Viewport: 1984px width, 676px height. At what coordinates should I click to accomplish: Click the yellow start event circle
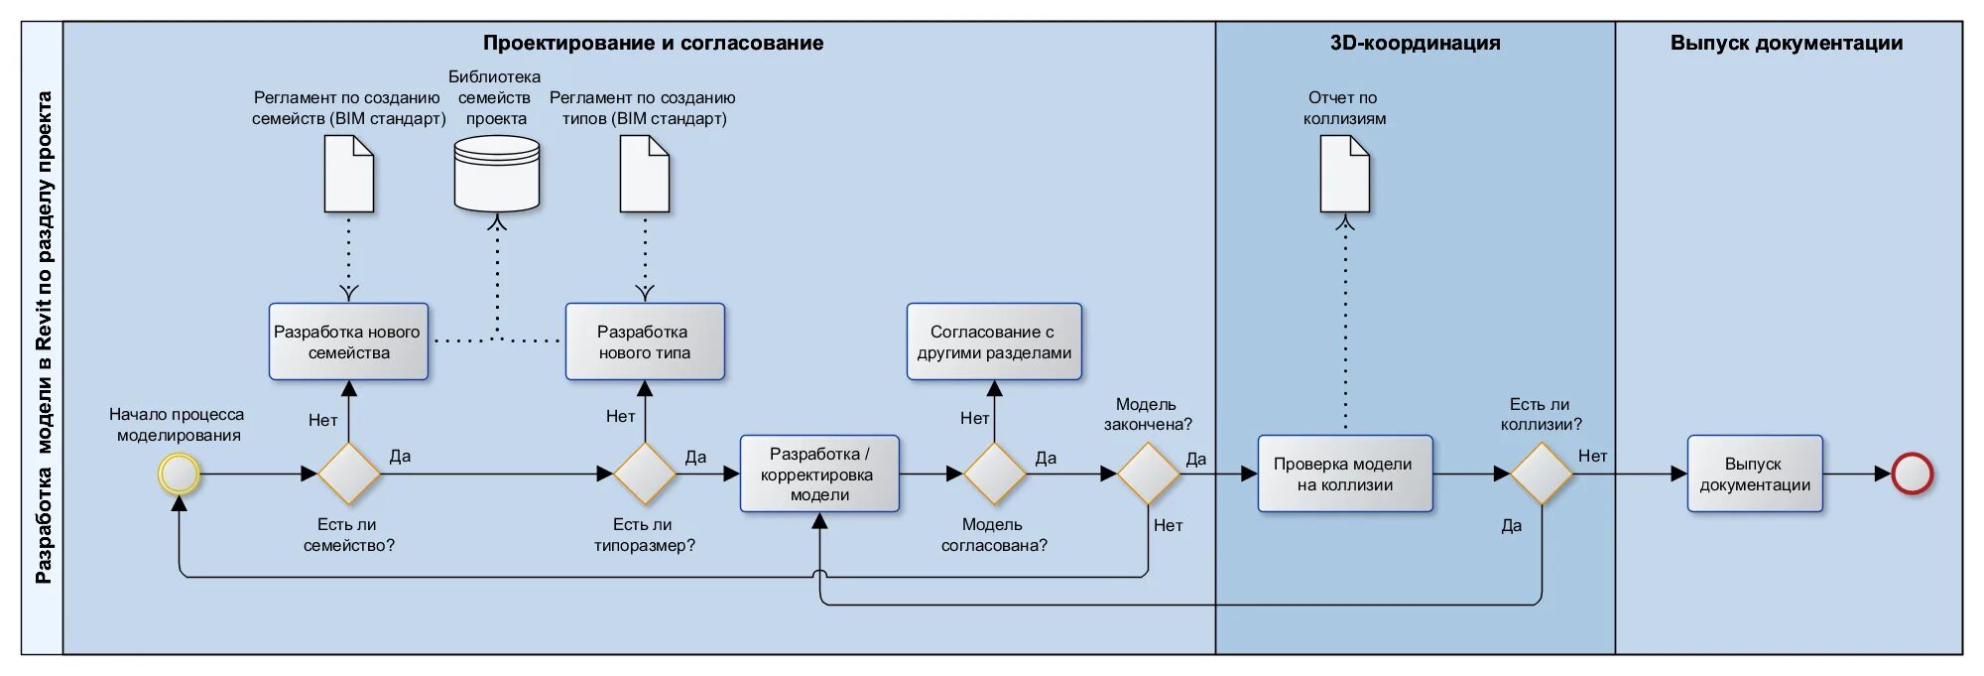(x=180, y=473)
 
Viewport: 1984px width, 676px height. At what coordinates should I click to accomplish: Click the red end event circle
(x=1912, y=473)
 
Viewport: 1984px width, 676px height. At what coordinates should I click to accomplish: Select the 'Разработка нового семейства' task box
(x=348, y=341)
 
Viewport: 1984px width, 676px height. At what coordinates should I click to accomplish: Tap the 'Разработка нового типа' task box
(x=645, y=341)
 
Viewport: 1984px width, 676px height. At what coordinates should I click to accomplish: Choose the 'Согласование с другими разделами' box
(x=994, y=341)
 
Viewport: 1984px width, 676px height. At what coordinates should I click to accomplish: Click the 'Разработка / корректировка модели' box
(x=819, y=473)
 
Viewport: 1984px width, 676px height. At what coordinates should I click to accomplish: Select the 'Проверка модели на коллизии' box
(x=1345, y=473)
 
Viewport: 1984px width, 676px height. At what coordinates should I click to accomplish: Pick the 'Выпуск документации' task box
(x=1755, y=473)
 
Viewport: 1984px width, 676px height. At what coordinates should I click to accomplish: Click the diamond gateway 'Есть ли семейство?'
(x=348, y=473)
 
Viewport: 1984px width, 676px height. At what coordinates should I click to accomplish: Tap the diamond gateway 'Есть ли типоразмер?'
(x=645, y=473)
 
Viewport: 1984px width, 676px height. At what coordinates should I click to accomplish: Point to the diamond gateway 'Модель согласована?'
(x=994, y=473)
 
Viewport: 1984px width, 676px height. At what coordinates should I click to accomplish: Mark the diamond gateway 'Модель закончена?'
(x=1148, y=473)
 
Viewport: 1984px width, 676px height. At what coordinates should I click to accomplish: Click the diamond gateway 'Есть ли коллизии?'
(x=1542, y=473)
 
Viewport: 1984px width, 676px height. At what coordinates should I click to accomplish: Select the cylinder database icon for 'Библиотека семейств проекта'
(x=497, y=175)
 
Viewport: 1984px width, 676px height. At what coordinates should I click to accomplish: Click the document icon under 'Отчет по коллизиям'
(x=1344, y=175)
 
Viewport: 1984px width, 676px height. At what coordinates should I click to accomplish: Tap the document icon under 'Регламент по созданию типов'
(x=645, y=175)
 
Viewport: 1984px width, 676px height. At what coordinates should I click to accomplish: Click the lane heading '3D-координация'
(x=1415, y=43)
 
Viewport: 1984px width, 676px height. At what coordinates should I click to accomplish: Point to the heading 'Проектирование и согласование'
(x=653, y=43)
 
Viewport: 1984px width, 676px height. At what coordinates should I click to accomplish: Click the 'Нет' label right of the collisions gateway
(x=1592, y=456)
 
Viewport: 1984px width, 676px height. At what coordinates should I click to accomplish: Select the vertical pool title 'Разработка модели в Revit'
(x=44, y=338)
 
